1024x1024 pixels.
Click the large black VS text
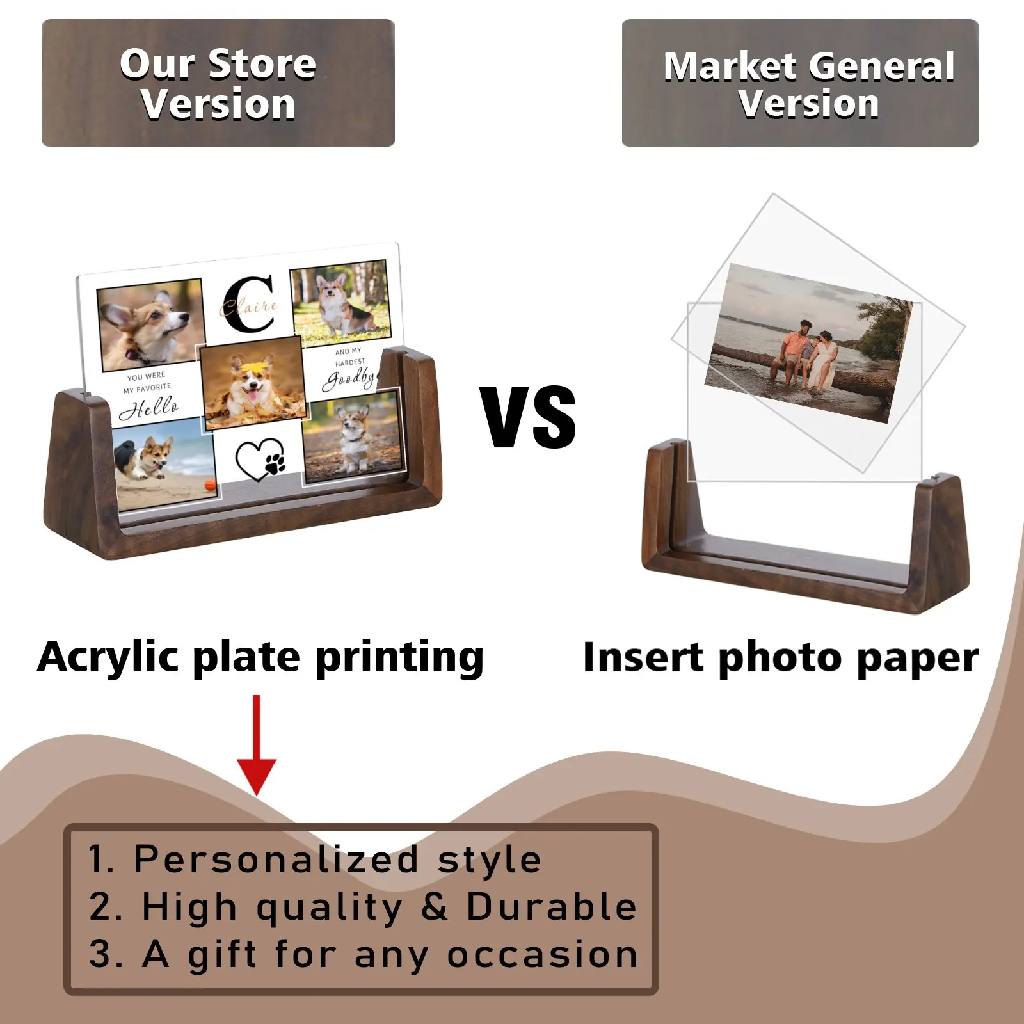click(529, 417)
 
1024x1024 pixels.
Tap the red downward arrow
click(257, 746)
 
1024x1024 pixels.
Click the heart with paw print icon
click(260, 458)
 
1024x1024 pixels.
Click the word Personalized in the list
click(276, 859)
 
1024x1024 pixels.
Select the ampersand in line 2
click(435, 906)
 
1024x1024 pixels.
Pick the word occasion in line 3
click(543, 954)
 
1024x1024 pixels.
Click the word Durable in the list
click(552, 906)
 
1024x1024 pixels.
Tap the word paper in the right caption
click(917, 659)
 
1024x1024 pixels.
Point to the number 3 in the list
click(100, 954)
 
